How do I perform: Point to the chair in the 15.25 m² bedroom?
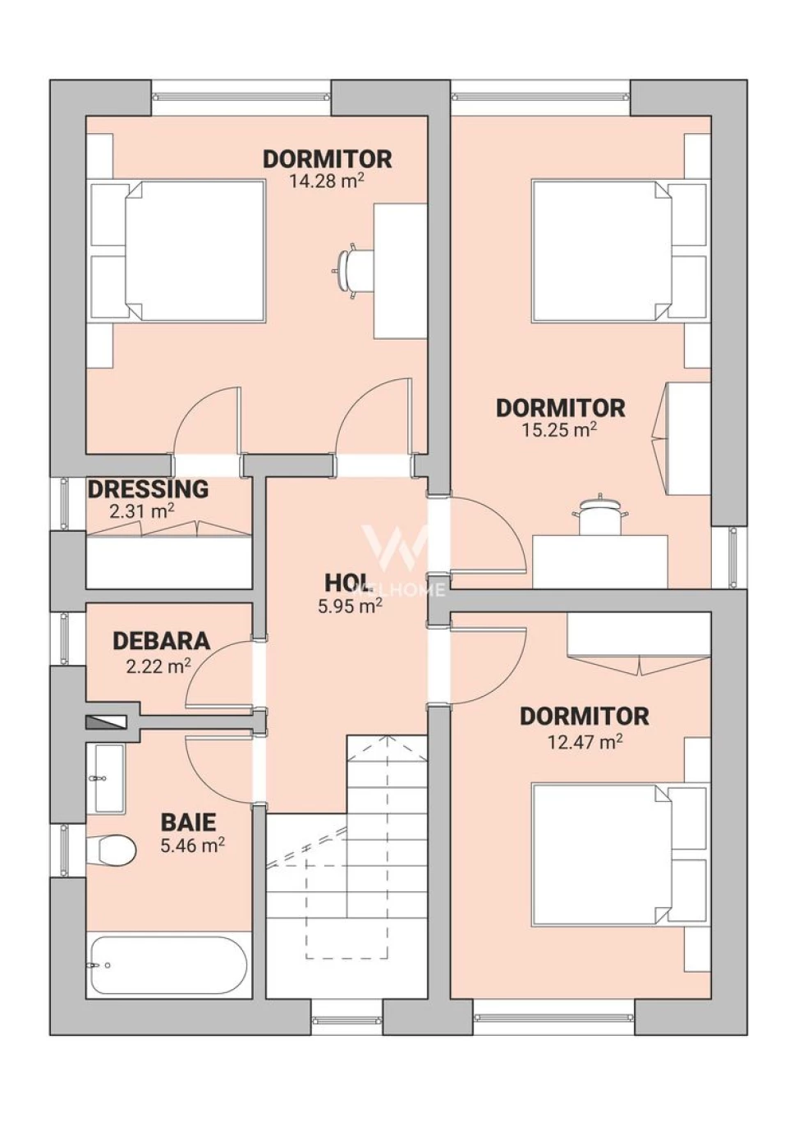[599, 515]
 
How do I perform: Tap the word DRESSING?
[149, 489]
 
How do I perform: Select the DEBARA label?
[161, 641]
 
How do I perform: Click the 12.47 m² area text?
[585, 741]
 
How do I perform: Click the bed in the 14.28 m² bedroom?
[177, 251]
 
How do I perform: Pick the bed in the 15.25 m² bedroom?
[619, 250]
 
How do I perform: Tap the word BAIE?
[188, 822]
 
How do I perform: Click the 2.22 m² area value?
[158, 667]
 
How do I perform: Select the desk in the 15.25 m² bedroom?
[599, 561]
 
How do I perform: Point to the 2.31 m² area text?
[142, 512]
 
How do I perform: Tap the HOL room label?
[347, 583]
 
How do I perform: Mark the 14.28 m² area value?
[326, 181]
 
